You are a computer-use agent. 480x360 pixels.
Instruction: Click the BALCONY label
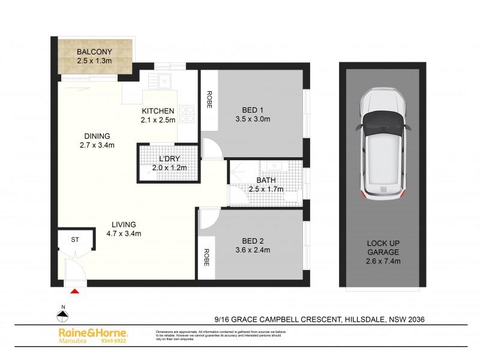point(94,50)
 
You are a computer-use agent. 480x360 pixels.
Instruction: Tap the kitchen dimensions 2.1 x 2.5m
point(158,120)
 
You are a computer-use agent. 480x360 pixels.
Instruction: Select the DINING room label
point(97,136)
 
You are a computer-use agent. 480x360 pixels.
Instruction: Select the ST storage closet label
point(76,239)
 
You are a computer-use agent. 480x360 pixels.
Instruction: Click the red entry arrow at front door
point(75,292)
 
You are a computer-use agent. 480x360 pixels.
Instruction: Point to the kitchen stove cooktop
point(187,113)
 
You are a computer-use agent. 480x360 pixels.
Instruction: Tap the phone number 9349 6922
point(114,341)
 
